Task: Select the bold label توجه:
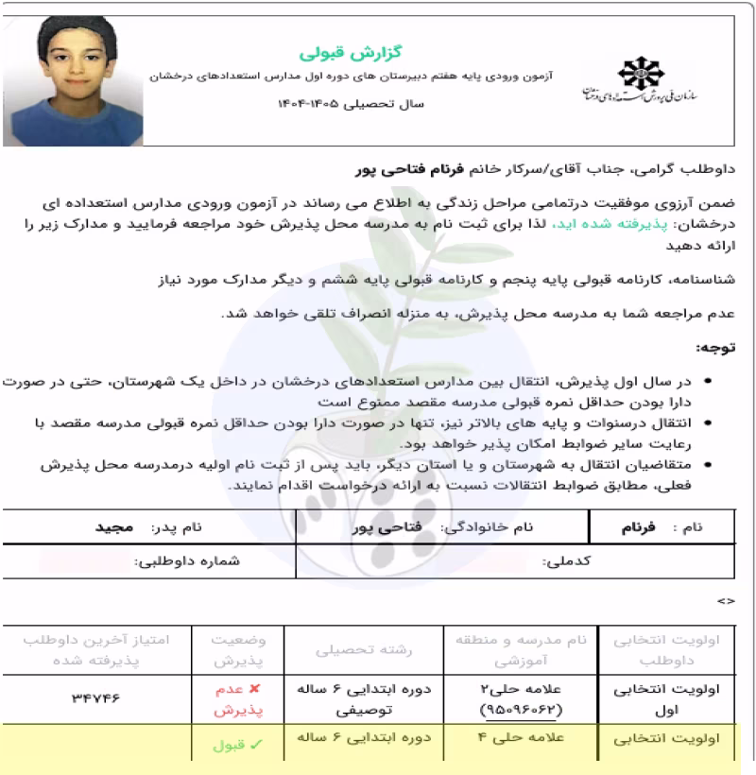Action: [714, 349]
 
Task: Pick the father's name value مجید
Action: [115, 527]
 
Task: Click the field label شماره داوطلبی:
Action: [187, 561]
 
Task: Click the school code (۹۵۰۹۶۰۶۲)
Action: [521, 709]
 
